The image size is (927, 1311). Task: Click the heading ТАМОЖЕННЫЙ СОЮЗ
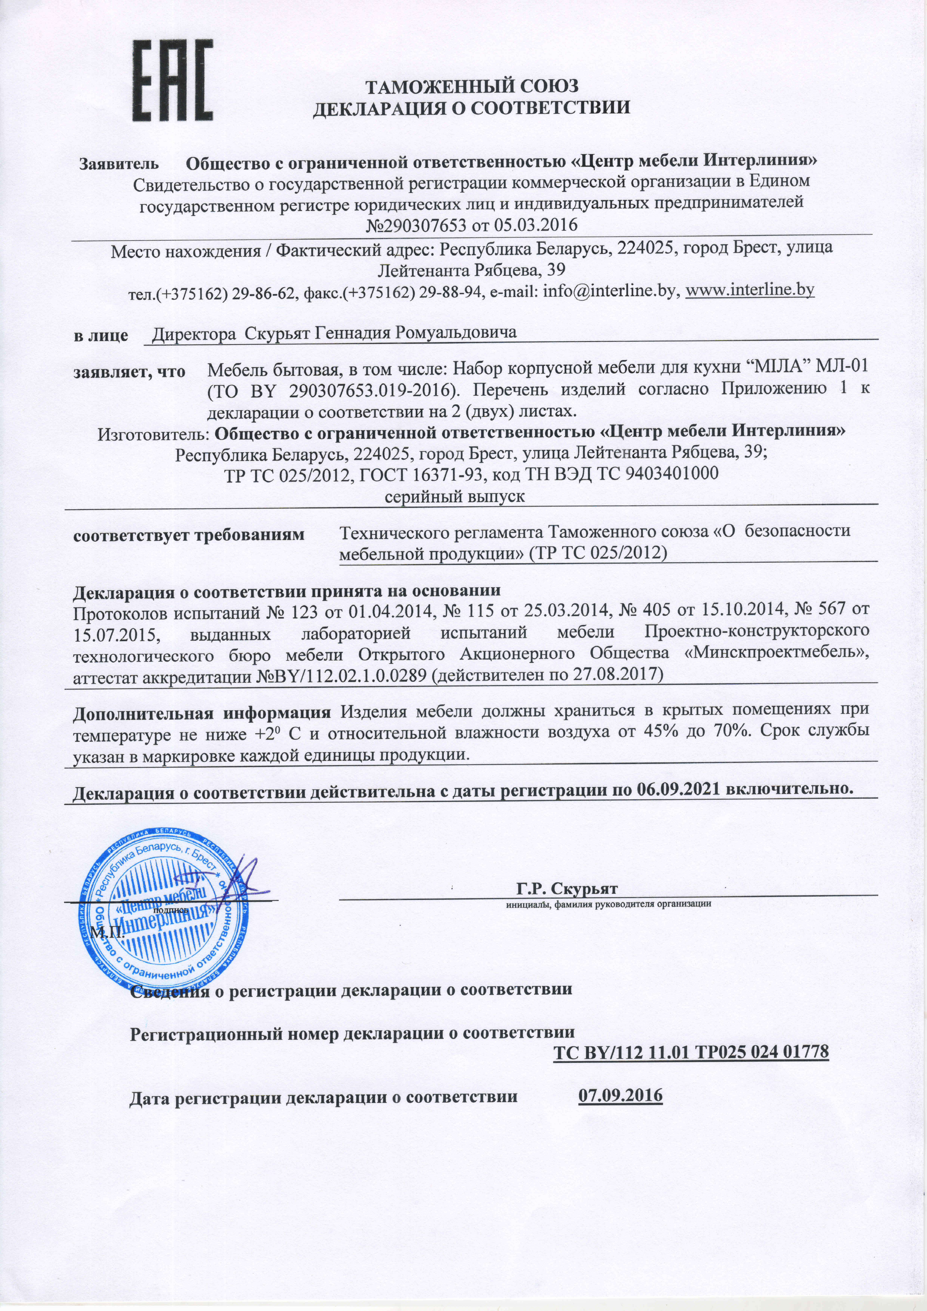(471, 86)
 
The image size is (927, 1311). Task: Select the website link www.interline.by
(749, 290)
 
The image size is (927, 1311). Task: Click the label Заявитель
(119, 164)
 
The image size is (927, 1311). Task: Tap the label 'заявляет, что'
(129, 372)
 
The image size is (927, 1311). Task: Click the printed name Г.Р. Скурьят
(567, 889)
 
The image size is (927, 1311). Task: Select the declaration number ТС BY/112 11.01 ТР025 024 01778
(691, 1052)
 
